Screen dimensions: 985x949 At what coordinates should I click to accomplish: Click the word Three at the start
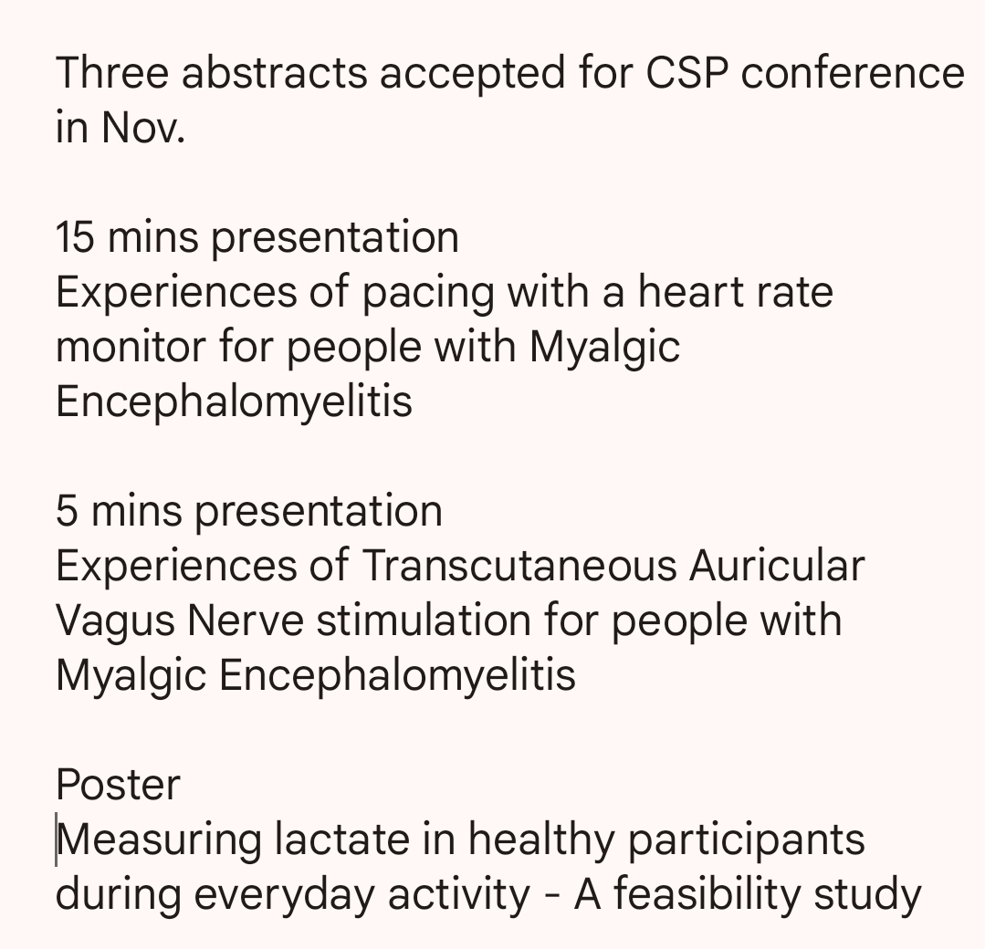click(x=112, y=73)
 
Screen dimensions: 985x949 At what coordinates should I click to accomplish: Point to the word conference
click(x=853, y=73)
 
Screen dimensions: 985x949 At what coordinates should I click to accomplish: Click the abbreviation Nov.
click(x=142, y=128)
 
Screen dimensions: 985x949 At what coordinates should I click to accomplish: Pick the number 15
click(x=76, y=237)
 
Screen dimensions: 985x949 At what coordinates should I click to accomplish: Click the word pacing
click(x=428, y=293)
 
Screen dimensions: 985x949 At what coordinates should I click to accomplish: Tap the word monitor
click(x=131, y=347)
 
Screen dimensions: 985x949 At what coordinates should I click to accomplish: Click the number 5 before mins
click(x=67, y=511)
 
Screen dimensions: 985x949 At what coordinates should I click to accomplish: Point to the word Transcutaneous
click(x=519, y=566)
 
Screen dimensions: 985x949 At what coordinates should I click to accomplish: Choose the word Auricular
click(x=777, y=566)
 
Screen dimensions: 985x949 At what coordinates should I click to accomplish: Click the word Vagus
click(x=116, y=621)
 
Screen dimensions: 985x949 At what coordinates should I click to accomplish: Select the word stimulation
click(x=424, y=620)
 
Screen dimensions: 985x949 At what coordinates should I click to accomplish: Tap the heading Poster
click(x=118, y=785)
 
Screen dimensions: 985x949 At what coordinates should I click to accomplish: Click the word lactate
click(x=341, y=839)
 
